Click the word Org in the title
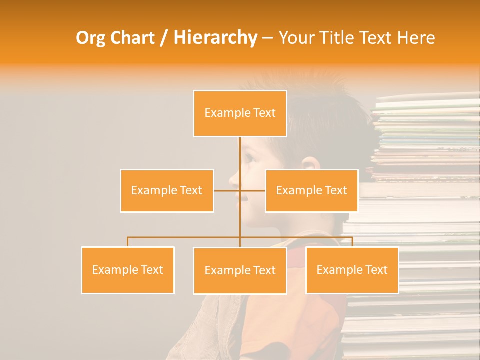(90, 38)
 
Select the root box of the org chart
(240, 113)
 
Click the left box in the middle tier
(167, 190)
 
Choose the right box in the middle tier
(311, 190)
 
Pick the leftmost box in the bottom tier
(127, 270)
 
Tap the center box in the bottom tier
(240, 270)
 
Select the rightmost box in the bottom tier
(352, 270)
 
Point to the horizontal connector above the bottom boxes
(185, 237)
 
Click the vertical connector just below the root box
(240, 150)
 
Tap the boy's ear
(310, 166)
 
